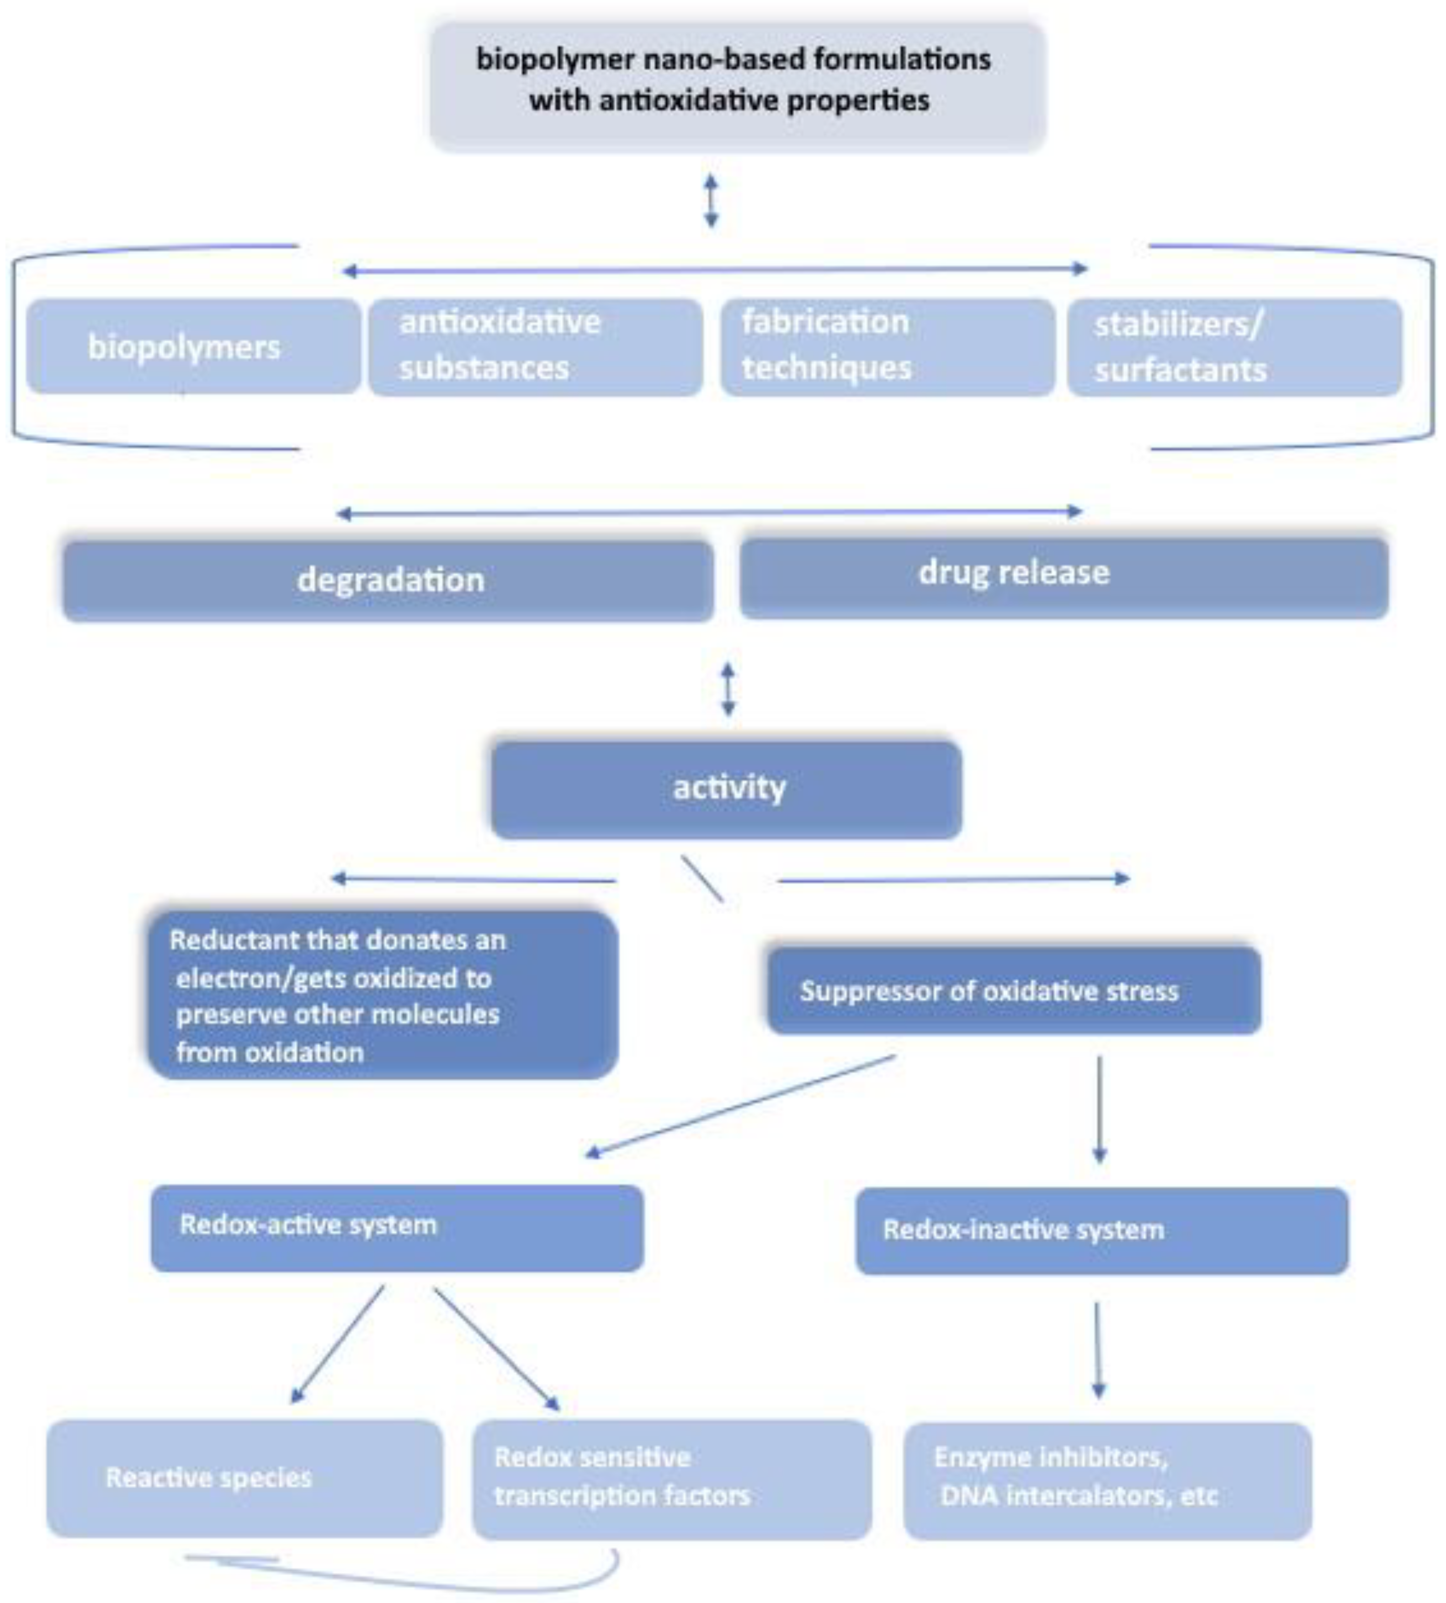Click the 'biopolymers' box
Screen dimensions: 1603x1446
pyautogui.click(x=193, y=347)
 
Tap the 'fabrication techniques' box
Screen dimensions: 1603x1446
pyautogui.click(x=888, y=347)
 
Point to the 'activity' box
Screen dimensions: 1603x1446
pyautogui.click(x=726, y=788)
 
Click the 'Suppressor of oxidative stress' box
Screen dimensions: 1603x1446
pyautogui.click(x=1013, y=990)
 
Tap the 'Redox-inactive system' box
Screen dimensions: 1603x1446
pyautogui.click(x=1101, y=1230)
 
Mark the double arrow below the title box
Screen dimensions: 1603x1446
pyautogui.click(x=711, y=202)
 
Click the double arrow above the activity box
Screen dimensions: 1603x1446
pyautogui.click(x=728, y=688)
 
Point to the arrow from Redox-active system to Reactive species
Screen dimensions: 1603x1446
pyautogui.click(x=338, y=1345)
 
